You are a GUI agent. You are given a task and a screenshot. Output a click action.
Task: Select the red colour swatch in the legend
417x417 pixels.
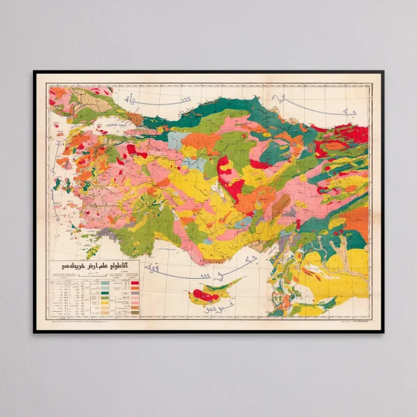tap(135, 282)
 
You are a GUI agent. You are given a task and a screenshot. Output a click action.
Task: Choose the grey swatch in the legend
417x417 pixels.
tap(105, 282)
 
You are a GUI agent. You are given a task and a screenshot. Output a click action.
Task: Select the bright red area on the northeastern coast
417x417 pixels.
tap(355, 133)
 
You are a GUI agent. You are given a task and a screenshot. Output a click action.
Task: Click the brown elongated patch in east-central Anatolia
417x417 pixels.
tap(280, 205)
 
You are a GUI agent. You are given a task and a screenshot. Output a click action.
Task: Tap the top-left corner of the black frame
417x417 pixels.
tap(34, 72)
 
